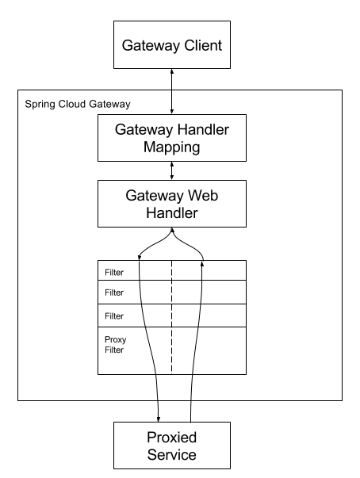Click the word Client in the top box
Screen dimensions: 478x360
(201, 45)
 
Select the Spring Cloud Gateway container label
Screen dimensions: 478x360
(78, 104)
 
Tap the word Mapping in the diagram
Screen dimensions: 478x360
(172, 147)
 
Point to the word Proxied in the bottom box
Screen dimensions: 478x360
(172, 438)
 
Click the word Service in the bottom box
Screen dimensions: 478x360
(172, 455)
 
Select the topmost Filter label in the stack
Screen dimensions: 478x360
(114, 272)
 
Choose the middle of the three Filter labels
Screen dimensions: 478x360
(114, 293)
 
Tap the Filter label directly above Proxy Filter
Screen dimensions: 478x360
(114, 316)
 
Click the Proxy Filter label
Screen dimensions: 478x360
(115, 345)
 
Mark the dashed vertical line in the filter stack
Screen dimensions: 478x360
(171, 317)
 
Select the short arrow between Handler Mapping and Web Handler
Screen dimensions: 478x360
(171, 170)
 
